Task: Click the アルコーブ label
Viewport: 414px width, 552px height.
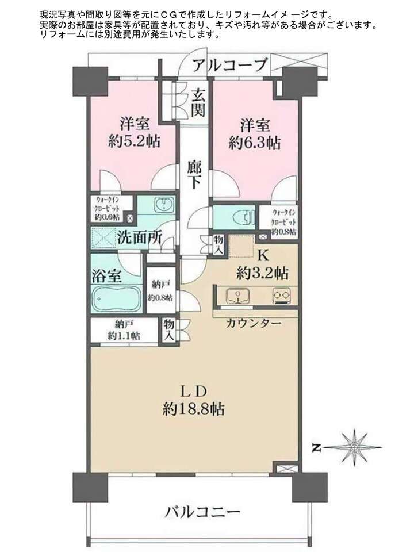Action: pyautogui.click(x=230, y=65)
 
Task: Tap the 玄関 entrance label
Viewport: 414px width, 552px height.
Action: pyautogui.click(x=198, y=102)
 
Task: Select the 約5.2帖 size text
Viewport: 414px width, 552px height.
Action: pyautogui.click(x=135, y=141)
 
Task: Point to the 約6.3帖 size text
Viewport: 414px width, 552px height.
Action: pyautogui.click(x=255, y=143)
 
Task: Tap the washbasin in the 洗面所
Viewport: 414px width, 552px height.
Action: pyautogui.click(x=164, y=205)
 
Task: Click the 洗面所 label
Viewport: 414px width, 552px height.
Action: pyautogui.click(x=139, y=238)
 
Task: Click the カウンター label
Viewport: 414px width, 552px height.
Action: pyautogui.click(x=254, y=323)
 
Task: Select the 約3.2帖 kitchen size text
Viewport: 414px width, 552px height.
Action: pyautogui.click(x=262, y=273)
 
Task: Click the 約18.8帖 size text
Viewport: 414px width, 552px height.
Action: pyautogui.click(x=193, y=409)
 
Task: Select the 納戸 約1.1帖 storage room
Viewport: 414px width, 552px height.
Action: pyautogui.click(x=124, y=330)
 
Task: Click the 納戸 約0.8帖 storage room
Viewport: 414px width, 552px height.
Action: pyautogui.click(x=160, y=290)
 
